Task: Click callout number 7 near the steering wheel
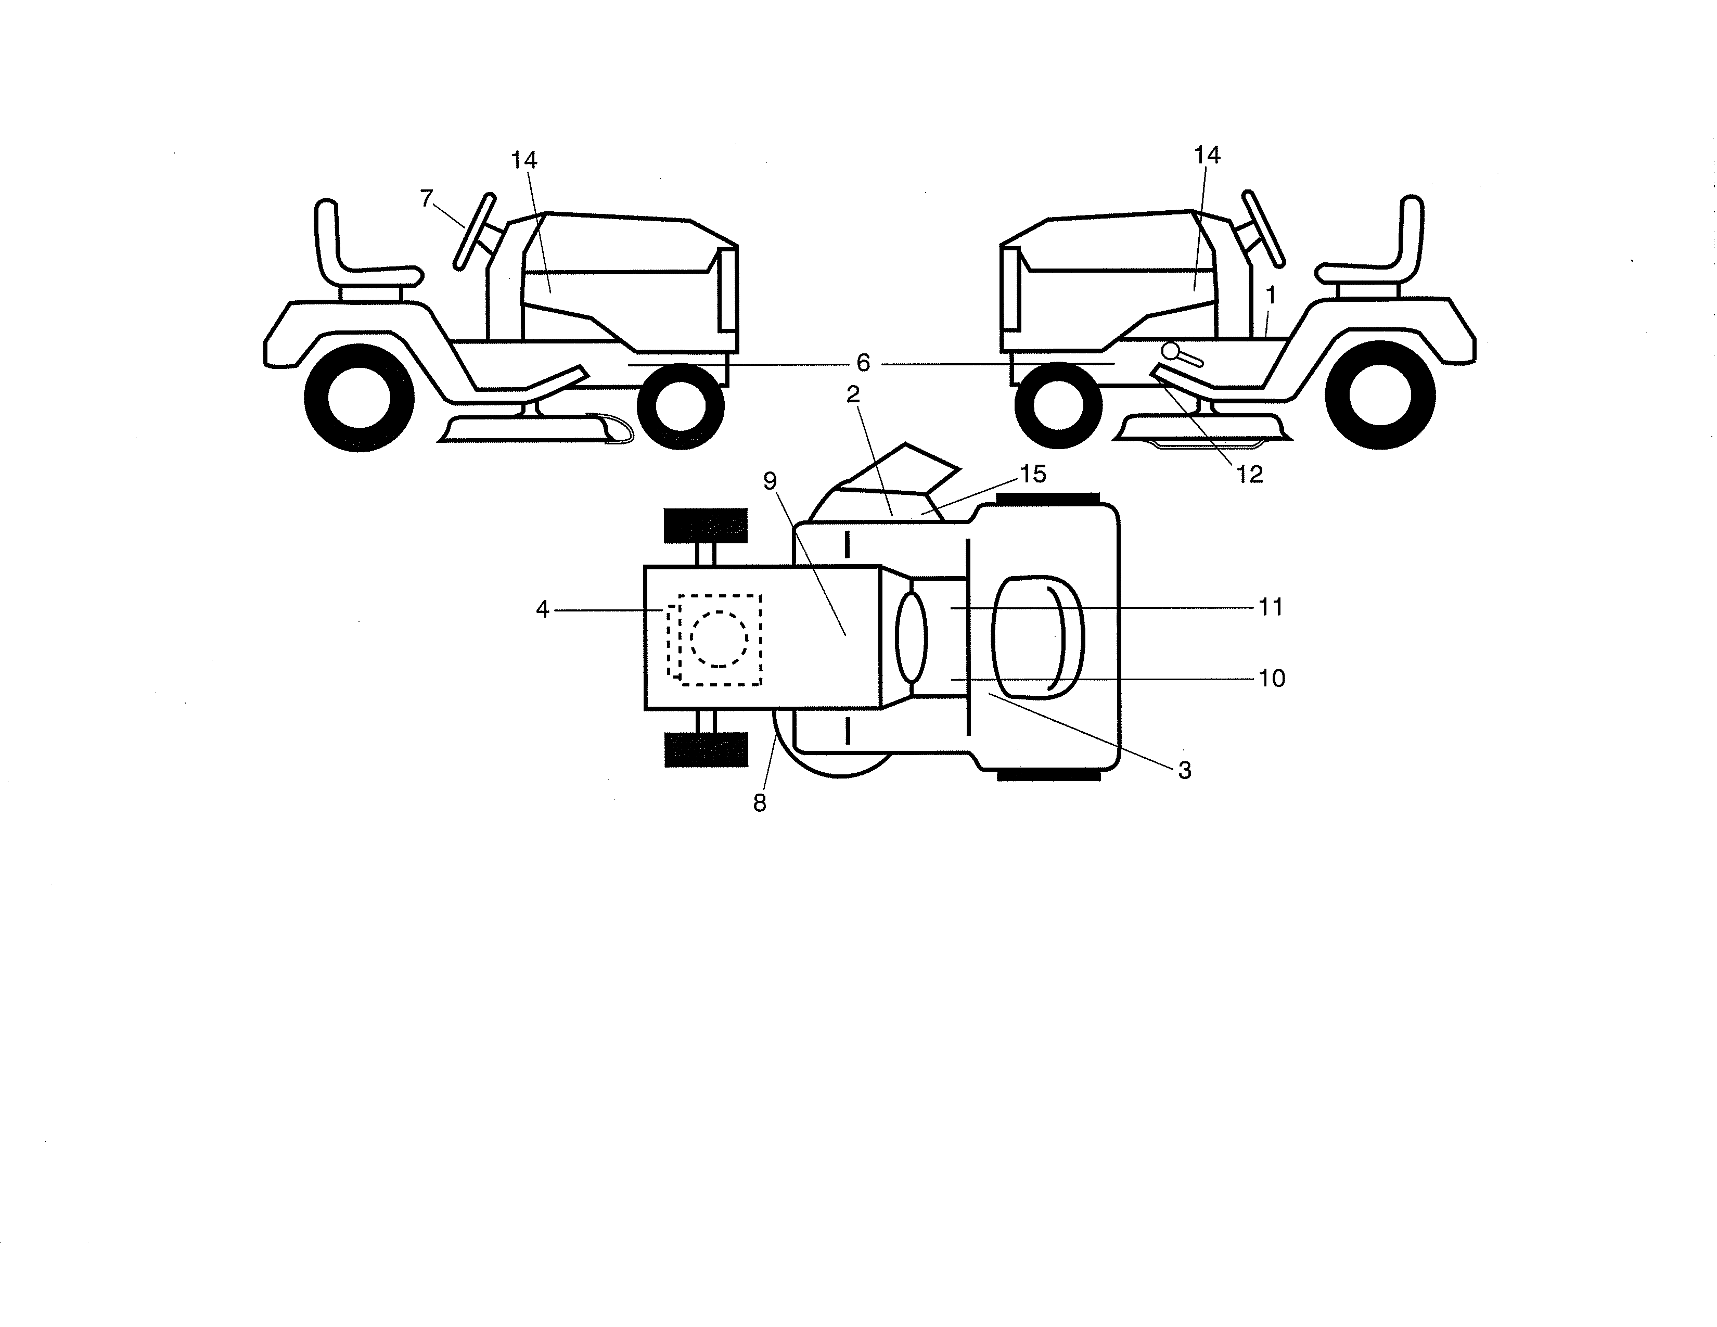coord(426,199)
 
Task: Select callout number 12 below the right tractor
coord(1249,474)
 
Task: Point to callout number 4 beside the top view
coord(543,609)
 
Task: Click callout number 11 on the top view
coord(1271,607)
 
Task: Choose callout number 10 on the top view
coord(1271,678)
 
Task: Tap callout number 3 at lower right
coord(1185,770)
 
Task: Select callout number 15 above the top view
coord(1033,474)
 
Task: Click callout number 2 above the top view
coord(853,394)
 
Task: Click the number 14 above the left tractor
coord(523,160)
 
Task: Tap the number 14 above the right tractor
coord(1207,156)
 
